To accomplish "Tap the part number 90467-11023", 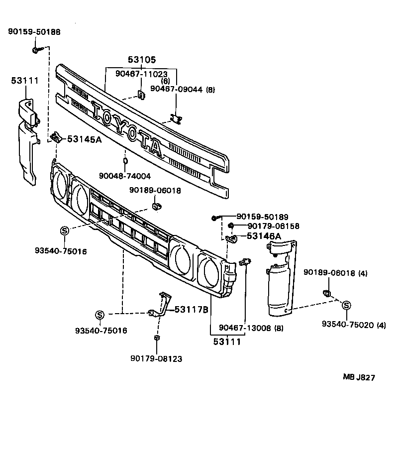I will (x=141, y=73).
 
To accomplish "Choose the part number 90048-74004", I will (x=125, y=176).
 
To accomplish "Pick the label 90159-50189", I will (x=262, y=217).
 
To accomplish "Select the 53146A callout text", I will (x=264, y=235).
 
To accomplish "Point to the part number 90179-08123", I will (x=156, y=358).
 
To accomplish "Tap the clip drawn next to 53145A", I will (x=56, y=137).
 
